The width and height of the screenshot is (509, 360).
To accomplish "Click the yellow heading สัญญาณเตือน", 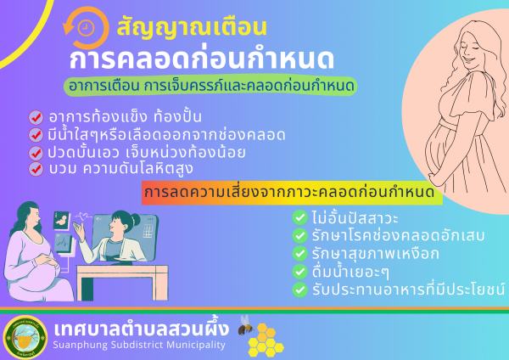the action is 192,28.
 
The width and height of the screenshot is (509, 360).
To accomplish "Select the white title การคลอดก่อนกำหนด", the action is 202,59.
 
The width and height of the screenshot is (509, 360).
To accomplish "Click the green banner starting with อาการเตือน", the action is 210,86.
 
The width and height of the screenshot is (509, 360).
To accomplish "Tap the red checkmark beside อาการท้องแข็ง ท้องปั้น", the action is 36,117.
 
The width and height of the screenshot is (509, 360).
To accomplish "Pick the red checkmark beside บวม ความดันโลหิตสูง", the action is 36,169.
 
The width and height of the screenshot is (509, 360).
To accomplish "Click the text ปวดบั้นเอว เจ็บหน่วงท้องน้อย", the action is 147,152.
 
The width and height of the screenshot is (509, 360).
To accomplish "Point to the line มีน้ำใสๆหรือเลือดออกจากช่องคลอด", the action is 166,135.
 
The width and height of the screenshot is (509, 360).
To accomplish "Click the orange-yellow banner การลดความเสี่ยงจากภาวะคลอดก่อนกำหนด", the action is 292,193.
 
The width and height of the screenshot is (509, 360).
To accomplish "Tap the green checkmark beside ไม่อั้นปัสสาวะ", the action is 300,217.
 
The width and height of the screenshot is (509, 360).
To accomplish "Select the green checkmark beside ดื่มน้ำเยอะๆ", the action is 300,272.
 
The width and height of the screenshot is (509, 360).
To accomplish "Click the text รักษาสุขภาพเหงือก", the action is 376,254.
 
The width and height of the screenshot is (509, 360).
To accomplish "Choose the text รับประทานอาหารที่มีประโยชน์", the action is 408,290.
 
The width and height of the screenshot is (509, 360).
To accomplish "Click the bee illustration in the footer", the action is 246,325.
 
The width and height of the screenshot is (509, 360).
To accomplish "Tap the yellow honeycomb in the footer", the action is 266,340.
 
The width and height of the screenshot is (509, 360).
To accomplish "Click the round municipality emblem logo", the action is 25,337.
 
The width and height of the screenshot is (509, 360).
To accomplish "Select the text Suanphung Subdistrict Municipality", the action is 139,345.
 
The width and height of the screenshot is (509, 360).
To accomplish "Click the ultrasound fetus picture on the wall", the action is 62,221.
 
